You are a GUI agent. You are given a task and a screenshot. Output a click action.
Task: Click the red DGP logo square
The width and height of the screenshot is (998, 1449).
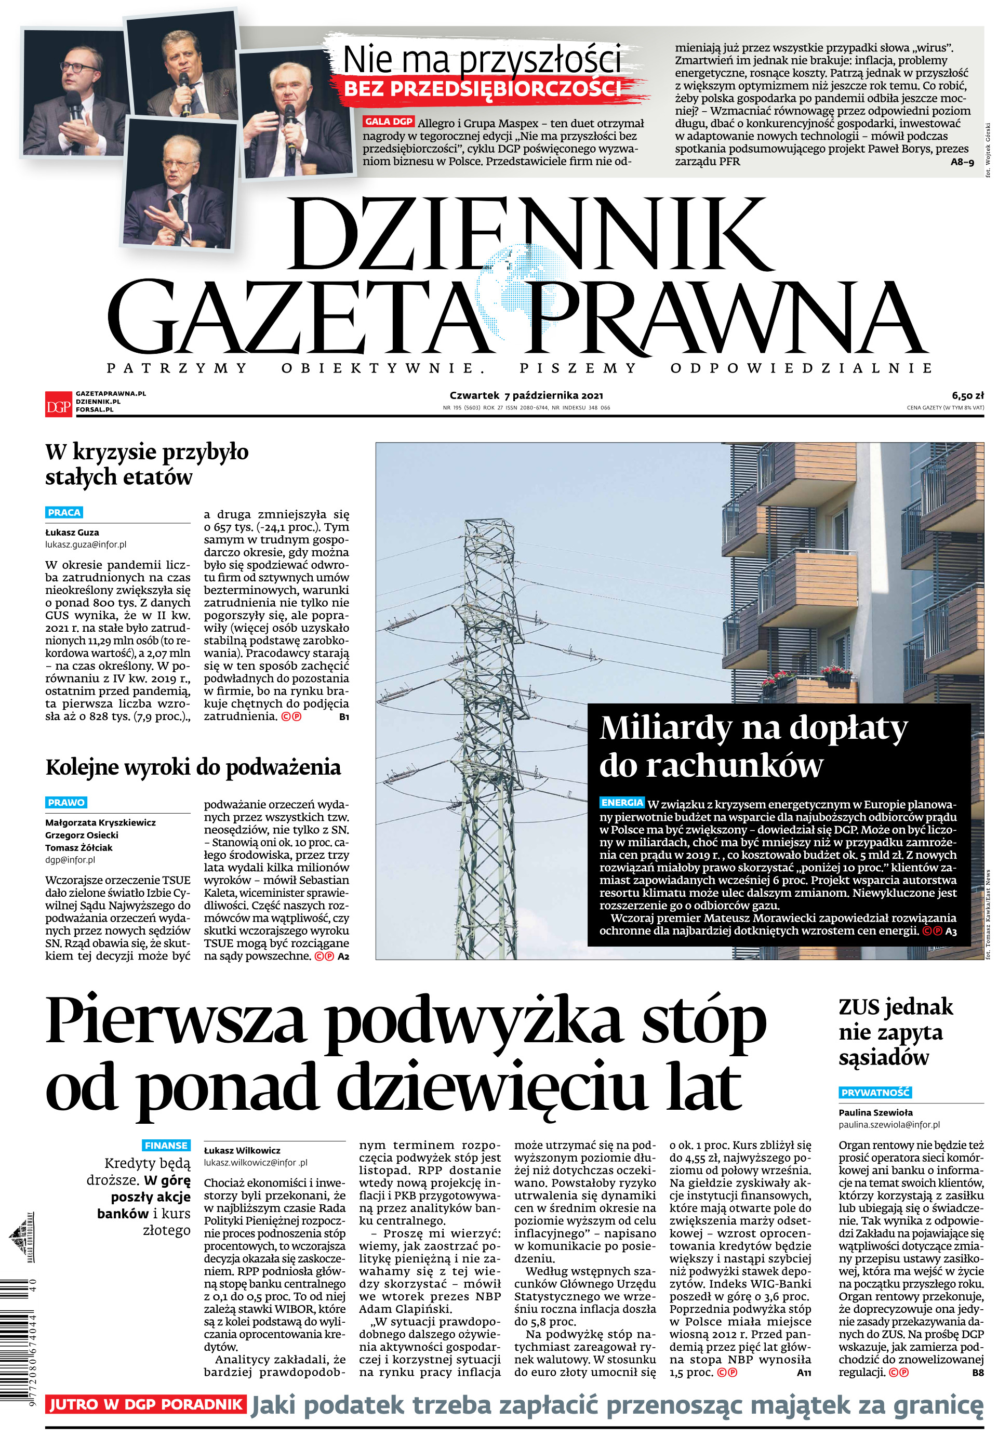[x=58, y=403]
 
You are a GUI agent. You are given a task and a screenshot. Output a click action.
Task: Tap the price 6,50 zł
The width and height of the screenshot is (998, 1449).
[x=967, y=395]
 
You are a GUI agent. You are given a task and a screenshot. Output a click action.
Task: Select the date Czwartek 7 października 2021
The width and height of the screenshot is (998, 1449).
[x=526, y=395]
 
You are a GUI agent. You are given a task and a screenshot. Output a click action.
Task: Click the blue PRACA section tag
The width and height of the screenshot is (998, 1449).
[x=64, y=512]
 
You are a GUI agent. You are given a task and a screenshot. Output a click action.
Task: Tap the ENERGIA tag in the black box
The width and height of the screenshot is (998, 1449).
[x=621, y=802]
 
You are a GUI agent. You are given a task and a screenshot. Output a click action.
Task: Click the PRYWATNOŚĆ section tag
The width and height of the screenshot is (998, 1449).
[x=874, y=1092]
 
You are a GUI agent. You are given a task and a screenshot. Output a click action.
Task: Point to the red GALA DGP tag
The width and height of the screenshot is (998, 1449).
[x=388, y=122]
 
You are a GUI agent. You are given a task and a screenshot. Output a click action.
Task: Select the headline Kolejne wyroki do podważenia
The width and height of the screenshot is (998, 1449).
[x=193, y=767]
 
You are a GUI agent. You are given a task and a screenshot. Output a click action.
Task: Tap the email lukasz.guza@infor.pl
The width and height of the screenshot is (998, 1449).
[x=86, y=544]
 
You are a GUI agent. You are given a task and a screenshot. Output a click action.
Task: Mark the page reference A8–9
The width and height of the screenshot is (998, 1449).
[x=962, y=162]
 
